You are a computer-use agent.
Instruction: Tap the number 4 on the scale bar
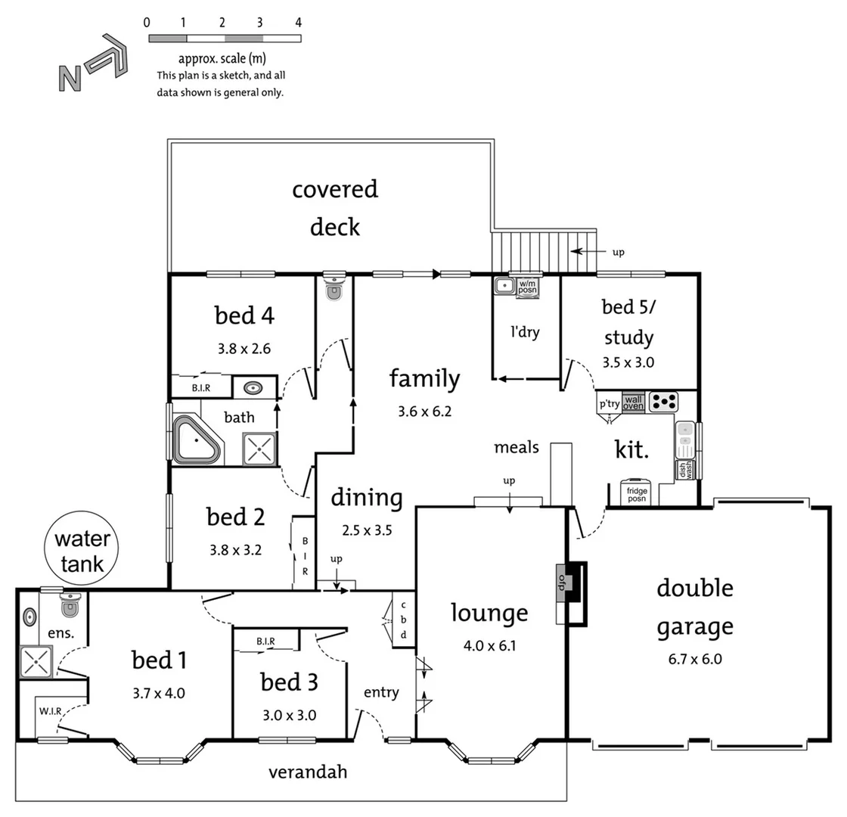pyautogui.click(x=299, y=23)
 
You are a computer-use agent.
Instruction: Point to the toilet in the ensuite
pyautogui.click(x=70, y=604)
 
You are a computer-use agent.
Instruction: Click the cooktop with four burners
pyautogui.click(x=662, y=401)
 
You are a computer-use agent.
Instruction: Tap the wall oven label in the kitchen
pyautogui.click(x=633, y=402)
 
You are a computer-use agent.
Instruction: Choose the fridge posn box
pyautogui.click(x=635, y=492)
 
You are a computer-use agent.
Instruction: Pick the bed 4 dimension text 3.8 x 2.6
pyautogui.click(x=244, y=349)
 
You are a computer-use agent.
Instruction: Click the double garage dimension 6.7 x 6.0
pyautogui.click(x=694, y=658)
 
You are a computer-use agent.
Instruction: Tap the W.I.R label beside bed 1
pyautogui.click(x=49, y=711)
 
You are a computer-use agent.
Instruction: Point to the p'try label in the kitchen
pyautogui.click(x=609, y=404)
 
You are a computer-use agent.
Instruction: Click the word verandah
pyautogui.click(x=308, y=772)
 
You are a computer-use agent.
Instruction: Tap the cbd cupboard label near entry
pyautogui.click(x=403, y=620)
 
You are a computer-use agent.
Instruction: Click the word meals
pyautogui.click(x=517, y=447)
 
